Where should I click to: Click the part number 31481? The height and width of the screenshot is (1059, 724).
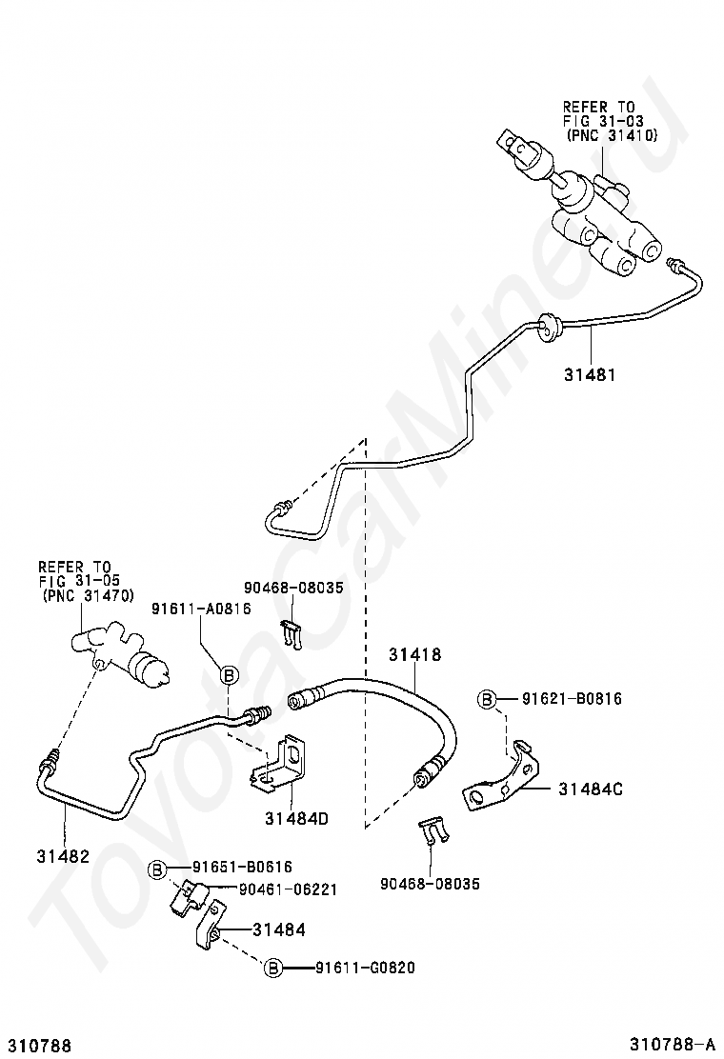click(x=591, y=373)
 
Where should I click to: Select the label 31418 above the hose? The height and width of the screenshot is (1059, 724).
click(x=414, y=653)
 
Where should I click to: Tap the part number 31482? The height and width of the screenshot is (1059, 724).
click(x=63, y=856)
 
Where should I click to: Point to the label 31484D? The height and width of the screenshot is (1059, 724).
click(x=296, y=819)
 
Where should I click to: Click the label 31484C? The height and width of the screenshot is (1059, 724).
click(x=591, y=789)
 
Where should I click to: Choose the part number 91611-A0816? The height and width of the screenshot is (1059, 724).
click(x=201, y=609)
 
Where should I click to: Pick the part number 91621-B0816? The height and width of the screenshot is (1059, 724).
click(x=572, y=698)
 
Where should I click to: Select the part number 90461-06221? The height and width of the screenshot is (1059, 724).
click(x=288, y=890)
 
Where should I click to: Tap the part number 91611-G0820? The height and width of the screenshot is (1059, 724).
click(x=366, y=968)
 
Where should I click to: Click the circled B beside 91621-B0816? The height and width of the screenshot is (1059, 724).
click(x=488, y=700)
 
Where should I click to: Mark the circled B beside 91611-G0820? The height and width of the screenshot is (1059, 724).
click(x=272, y=969)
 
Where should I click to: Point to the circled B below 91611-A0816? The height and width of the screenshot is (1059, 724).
click(x=229, y=674)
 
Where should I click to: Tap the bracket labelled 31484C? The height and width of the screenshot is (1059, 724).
click(x=503, y=777)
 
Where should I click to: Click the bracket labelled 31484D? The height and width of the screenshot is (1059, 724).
click(x=284, y=766)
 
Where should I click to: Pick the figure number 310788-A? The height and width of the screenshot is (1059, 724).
click(x=672, y=1045)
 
